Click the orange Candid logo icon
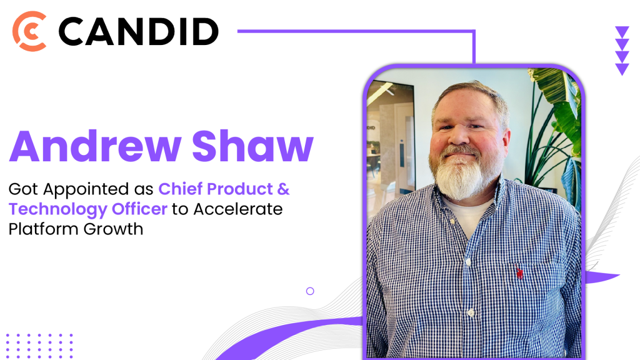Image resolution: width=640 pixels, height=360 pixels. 29,31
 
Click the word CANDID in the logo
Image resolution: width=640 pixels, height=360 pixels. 139,31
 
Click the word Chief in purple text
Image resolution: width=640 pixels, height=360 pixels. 180,189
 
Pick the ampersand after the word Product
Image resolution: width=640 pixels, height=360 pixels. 283,189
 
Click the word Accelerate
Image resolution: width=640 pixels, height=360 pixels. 237,209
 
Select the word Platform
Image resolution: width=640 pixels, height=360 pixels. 44,229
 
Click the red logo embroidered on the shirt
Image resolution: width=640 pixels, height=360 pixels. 519,272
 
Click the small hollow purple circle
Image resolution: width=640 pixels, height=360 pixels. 310,291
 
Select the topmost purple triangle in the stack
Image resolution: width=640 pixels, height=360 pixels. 622,31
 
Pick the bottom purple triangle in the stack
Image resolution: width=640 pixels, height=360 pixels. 622,69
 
